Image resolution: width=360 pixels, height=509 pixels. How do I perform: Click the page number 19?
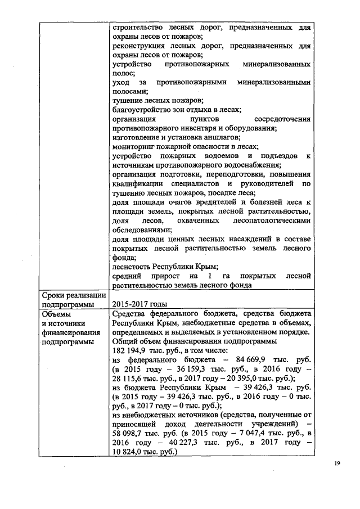336,463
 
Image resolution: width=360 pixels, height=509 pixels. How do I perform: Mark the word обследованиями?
142,230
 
